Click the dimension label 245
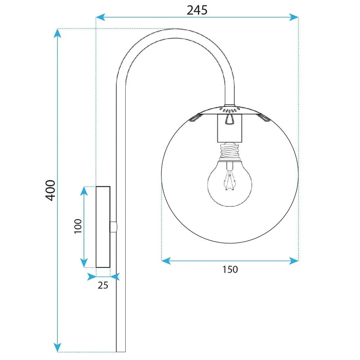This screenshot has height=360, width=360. (197, 10)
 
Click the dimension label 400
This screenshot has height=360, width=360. (50, 190)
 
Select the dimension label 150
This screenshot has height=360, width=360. (230, 269)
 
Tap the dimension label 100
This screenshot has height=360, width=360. (78, 226)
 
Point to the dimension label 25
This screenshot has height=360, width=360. (103, 285)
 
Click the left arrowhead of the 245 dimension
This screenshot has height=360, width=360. (100, 17)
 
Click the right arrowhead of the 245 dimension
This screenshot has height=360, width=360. (294, 17)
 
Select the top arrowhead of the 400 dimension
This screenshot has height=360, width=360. (58, 33)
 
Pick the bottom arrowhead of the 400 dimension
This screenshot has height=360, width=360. (58, 348)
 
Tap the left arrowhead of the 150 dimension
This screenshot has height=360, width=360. (166, 261)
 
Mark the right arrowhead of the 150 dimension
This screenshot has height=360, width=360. (294, 261)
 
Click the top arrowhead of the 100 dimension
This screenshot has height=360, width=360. (84, 191)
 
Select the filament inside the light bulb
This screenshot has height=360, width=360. (230, 180)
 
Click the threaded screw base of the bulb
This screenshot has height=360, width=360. (230, 152)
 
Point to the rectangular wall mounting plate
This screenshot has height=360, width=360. (103, 227)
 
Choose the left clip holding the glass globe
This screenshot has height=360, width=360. (195, 117)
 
